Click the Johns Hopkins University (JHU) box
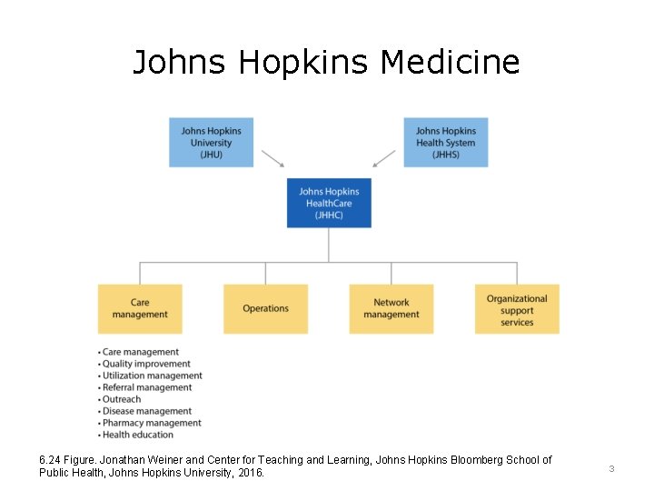coord(211,142)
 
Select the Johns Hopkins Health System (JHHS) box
coord(445,142)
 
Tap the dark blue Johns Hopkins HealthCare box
coord(329,203)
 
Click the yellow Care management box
coord(140,308)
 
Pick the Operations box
coord(265,308)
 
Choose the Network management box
coord(391,308)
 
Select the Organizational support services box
coord(517,309)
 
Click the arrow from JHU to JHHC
coord(272,159)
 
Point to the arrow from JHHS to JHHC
coord(384,159)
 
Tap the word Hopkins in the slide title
coord(304,63)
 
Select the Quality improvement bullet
coord(146,364)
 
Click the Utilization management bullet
coord(152,376)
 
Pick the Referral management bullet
coord(147,387)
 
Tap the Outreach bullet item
coord(122,399)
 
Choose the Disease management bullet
coord(147,411)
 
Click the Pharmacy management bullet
coord(152,423)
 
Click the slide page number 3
coord(611,468)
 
